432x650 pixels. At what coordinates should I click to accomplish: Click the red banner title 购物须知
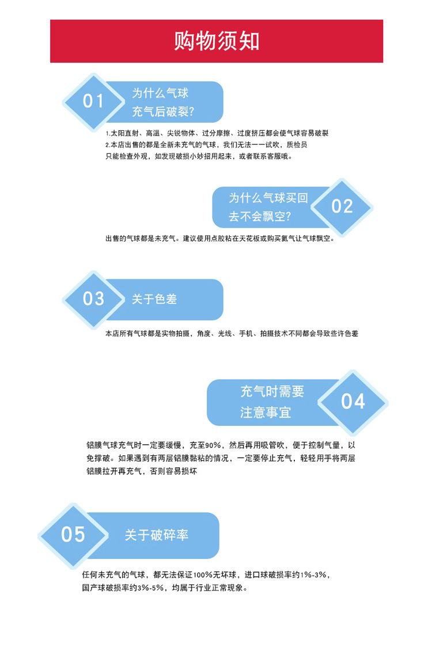click(x=217, y=41)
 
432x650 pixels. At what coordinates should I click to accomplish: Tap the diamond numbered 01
click(x=93, y=101)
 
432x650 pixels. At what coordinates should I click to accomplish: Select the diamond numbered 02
click(x=342, y=206)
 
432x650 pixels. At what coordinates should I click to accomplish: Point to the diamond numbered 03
click(x=93, y=299)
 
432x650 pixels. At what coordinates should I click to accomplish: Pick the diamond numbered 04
click(x=353, y=402)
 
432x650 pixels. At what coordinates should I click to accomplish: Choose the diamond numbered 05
click(x=73, y=534)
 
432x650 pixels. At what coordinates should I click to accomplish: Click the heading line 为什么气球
click(x=160, y=93)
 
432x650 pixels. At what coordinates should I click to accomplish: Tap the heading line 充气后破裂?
click(x=163, y=112)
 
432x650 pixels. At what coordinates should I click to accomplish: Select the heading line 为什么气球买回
click(x=268, y=198)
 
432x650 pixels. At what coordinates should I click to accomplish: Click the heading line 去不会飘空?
click(x=260, y=217)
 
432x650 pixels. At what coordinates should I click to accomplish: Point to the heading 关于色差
click(x=154, y=299)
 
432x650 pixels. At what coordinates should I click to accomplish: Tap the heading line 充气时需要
click(x=272, y=392)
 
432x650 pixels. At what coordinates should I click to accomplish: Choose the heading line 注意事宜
click(x=266, y=412)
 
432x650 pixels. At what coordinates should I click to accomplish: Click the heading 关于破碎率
click(x=157, y=535)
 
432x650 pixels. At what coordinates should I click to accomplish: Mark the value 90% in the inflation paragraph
click(x=213, y=445)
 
